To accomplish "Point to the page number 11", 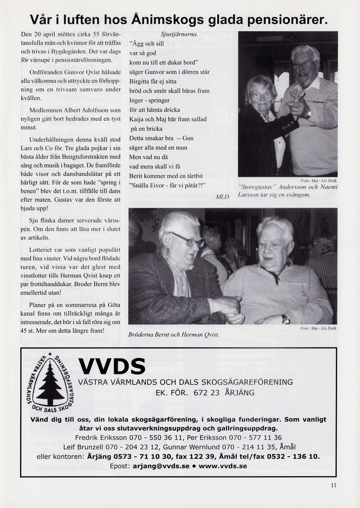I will (333, 485).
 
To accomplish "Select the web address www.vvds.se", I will (223, 466).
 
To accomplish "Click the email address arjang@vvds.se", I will (161, 466).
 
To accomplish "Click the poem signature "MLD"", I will (222, 197).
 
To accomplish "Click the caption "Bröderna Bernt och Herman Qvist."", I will (174, 334).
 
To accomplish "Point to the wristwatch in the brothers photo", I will (285, 319).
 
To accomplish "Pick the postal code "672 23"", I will (206, 392).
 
